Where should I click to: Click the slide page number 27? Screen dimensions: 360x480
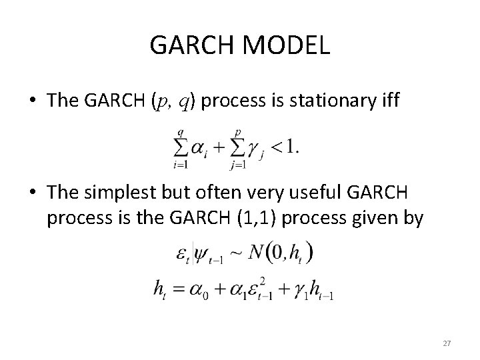[447, 343]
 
